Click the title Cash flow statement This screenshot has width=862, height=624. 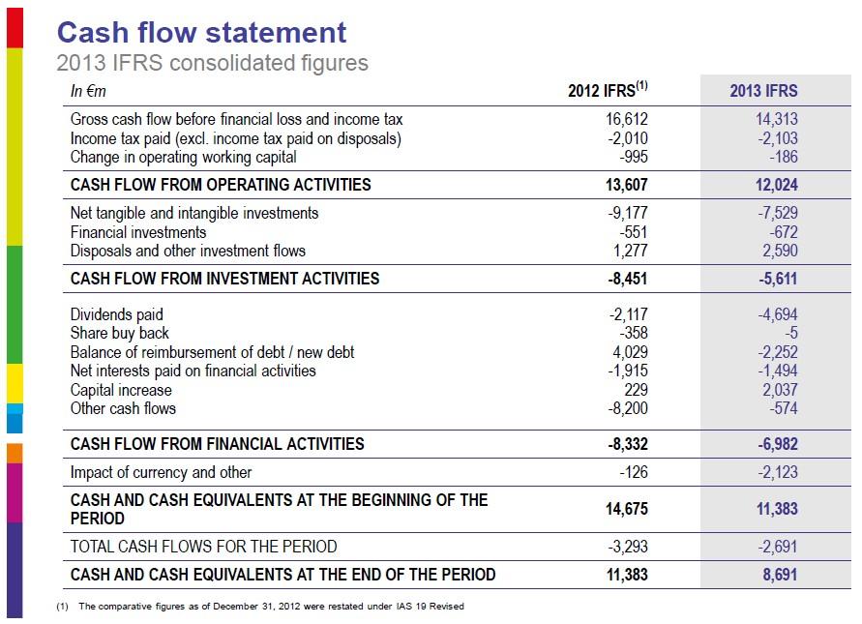(x=201, y=32)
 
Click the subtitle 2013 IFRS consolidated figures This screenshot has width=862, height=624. (x=212, y=64)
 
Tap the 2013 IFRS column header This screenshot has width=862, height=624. (x=763, y=91)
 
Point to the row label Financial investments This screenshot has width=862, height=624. (x=138, y=232)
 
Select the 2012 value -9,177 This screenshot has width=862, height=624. (x=626, y=213)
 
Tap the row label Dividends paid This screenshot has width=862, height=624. (x=117, y=314)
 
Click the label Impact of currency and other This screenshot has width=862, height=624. (x=161, y=472)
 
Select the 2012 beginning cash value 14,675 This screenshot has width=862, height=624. (x=622, y=509)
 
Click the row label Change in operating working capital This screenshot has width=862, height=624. (x=183, y=157)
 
